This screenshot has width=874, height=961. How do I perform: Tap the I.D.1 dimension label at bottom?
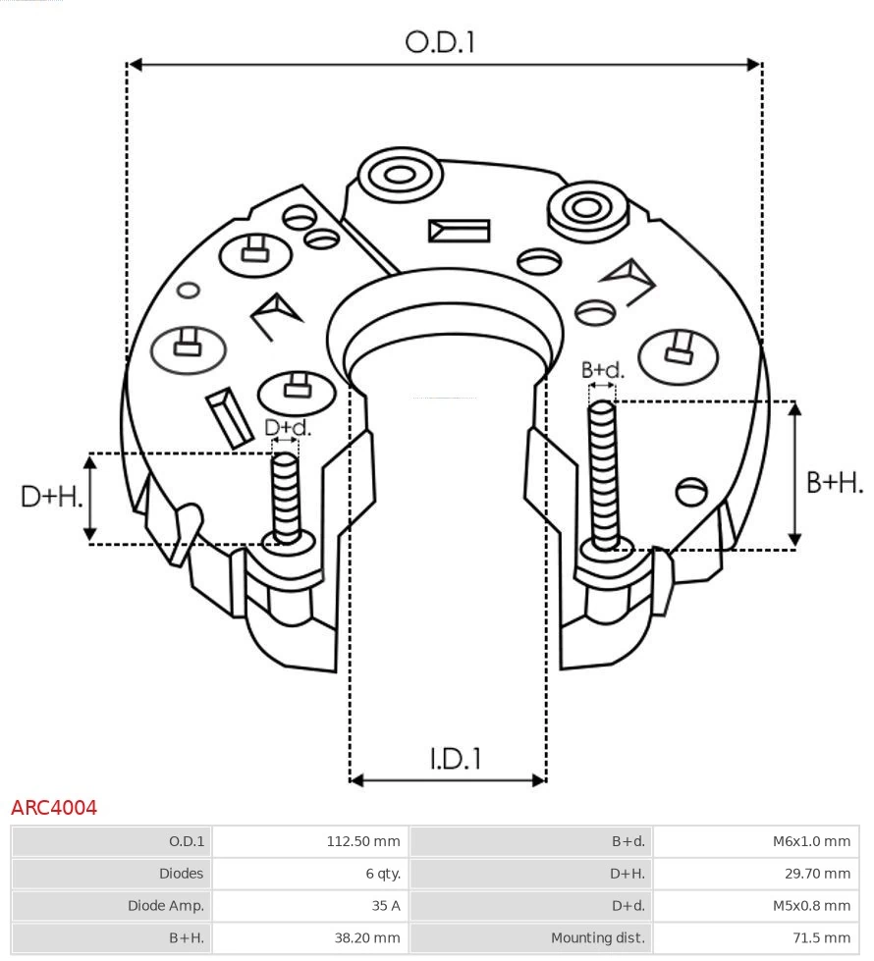coord(455,758)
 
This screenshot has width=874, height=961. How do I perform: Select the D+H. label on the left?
coord(51,497)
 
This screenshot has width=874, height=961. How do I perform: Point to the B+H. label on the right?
coord(834,482)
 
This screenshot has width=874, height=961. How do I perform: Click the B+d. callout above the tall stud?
coord(602,370)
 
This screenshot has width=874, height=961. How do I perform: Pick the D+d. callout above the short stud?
coord(287,427)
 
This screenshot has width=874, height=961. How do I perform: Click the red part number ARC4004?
coord(54,808)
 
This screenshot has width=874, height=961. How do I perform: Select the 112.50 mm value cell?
coord(362,841)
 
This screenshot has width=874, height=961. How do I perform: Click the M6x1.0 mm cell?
coord(810,841)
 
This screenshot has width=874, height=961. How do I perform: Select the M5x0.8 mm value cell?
coord(810,905)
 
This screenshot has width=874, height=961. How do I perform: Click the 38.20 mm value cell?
coord(366,937)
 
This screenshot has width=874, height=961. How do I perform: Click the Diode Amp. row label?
coord(165,905)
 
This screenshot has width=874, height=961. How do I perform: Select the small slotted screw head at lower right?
coord(692,490)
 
